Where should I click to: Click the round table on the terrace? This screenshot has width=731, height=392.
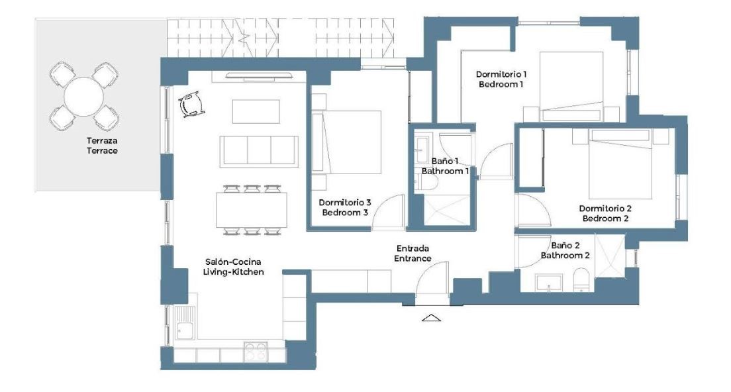pos(83,97)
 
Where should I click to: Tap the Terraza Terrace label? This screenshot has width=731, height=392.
pos(102,146)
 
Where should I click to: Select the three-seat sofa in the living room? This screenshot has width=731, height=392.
pos(259,152)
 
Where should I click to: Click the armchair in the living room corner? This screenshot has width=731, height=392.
pos(191,105)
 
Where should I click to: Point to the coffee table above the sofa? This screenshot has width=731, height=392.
pos(256,111)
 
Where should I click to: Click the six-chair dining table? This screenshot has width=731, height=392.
pos(252,210)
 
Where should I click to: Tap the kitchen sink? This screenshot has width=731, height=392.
pos(185,322)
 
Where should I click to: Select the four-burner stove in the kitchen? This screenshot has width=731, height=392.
pos(256,352)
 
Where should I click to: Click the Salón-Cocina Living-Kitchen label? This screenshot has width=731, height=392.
pos(233,267)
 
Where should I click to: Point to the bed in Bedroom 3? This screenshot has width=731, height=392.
pos(346,142)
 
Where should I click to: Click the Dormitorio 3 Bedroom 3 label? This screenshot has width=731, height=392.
pos(345,207)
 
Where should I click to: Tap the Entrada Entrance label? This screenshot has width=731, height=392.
pos(413,253)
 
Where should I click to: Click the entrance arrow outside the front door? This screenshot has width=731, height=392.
pos(431,318)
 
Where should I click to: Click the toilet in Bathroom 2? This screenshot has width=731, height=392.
pos(581,279)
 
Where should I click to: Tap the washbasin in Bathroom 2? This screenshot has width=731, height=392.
pos(549,283)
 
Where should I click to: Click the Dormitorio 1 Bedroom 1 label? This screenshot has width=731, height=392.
pos(501,79)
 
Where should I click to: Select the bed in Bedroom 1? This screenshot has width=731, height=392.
pos(571,87)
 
